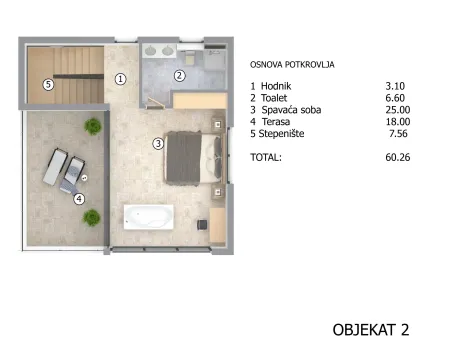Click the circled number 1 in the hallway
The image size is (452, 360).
(120, 79)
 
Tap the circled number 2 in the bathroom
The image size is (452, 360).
(179, 76)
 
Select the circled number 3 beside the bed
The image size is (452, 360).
(158, 144)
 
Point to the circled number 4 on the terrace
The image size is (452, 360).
(79, 199)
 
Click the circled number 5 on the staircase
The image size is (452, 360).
(48, 85)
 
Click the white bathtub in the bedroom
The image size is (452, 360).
(149, 217)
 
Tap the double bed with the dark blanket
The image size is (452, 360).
(194, 157)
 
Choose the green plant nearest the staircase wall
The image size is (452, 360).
(93, 126)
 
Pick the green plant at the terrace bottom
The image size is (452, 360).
(92, 218)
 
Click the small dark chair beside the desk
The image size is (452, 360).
(202, 225)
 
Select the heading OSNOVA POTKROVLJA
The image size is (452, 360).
(292, 65)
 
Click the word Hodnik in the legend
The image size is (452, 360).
(276, 86)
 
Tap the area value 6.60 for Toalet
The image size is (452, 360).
(395, 98)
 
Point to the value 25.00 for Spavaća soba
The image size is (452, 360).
(398, 110)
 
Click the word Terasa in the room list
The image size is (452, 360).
(276, 122)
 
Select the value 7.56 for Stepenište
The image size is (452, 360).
(398, 134)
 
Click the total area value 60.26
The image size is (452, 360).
(398, 157)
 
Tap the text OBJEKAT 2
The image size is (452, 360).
(371, 330)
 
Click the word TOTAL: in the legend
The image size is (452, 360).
(266, 157)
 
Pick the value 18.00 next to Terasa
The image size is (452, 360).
(398, 122)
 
